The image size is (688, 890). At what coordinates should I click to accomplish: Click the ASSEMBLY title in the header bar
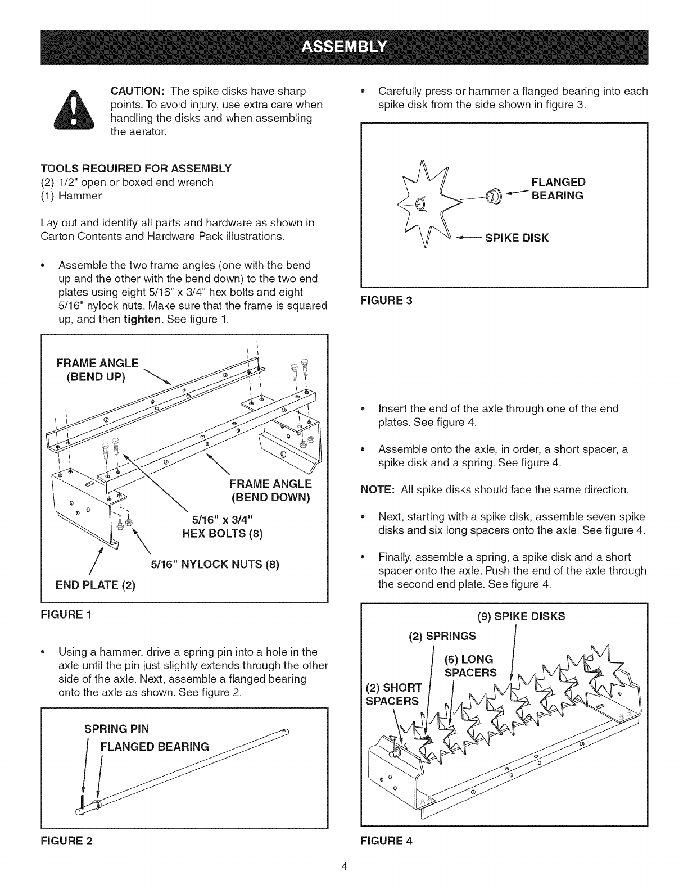pyautogui.click(x=344, y=46)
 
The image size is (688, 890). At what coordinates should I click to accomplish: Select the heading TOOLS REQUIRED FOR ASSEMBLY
pyautogui.click(x=135, y=169)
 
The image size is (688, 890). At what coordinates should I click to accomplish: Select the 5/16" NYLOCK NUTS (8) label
pyautogui.click(x=215, y=564)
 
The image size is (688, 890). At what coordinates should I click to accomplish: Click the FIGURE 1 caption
pyautogui.click(x=67, y=614)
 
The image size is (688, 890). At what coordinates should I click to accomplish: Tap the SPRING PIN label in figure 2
pyautogui.click(x=116, y=729)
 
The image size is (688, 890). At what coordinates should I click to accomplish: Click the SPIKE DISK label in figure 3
pyautogui.click(x=517, y=238)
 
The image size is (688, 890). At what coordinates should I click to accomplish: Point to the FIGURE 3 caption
pyautogui.click(x=386, y=300)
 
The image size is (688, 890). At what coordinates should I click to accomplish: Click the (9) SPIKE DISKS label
pyautogui.click(x=520, y=616)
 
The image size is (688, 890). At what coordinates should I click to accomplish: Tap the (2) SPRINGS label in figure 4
pyautogui.click(x=442, y=636)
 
